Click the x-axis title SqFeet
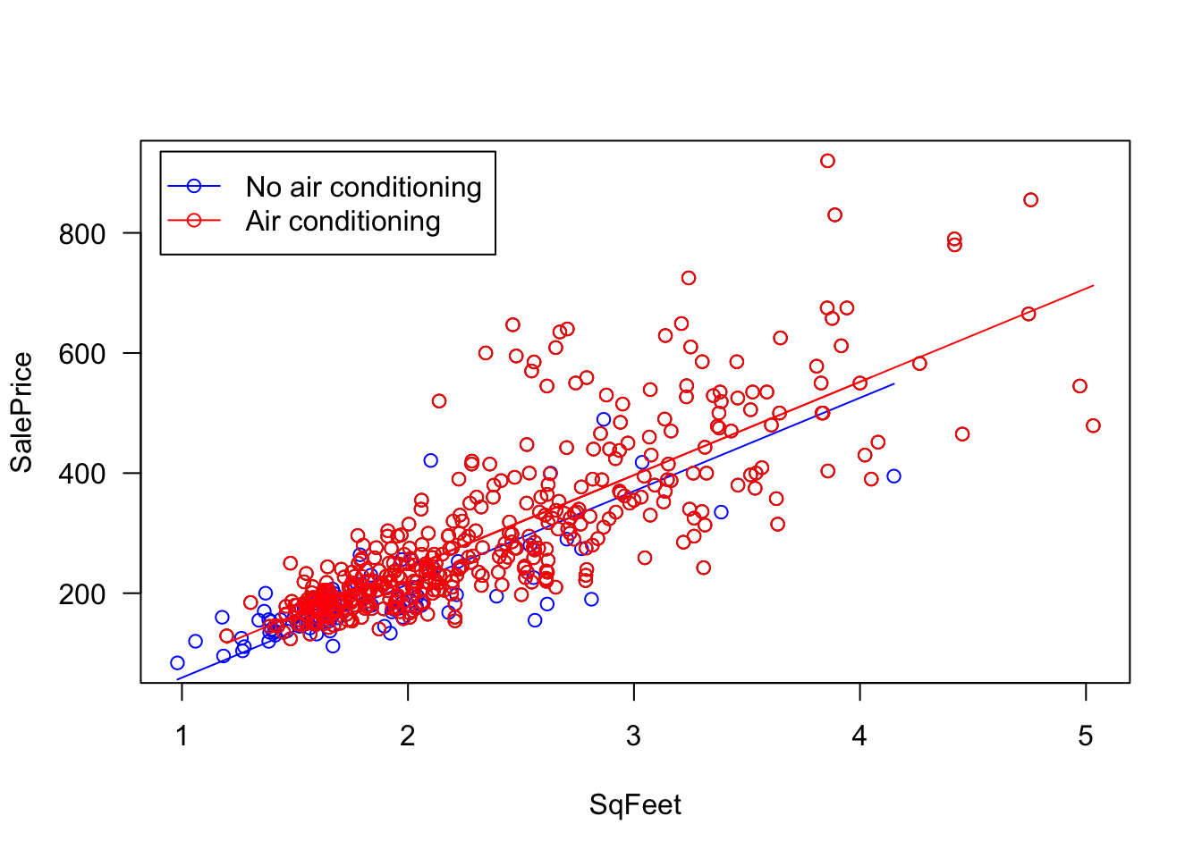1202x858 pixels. point(635,805)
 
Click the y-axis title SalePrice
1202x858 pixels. point(21,412)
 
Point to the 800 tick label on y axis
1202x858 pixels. point(81,234)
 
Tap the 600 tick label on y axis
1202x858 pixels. point(81,354)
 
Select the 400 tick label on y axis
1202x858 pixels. point(81,474)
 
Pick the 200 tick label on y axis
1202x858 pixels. point(81,594)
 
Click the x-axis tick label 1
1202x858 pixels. point(182,736)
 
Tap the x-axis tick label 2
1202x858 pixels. point(408,736)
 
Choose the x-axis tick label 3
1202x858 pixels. point(634,736)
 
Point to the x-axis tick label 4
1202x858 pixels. point(859,736)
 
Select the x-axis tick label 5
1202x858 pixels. point(1086,736)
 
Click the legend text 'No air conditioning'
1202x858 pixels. point(363,187)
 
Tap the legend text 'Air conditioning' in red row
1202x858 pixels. point(343,221)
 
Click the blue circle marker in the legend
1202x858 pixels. point(194,186)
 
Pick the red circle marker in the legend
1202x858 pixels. point(194,221)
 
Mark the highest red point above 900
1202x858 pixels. point(827,161)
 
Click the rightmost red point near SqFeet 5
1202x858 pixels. point(1093,425)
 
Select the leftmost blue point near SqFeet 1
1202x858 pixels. point(177,663)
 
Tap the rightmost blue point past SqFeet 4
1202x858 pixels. point(893,476)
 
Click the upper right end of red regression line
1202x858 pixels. point(1093,286)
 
